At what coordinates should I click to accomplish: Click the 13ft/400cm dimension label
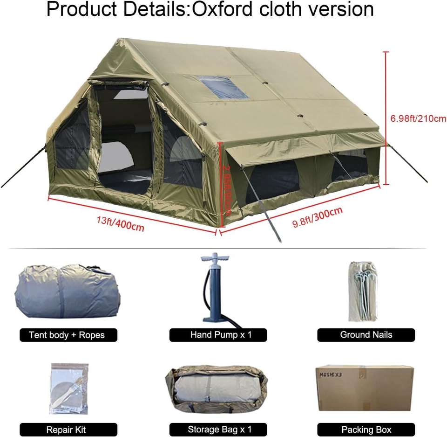click(x=121, y=224)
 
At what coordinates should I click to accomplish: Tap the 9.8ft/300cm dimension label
click(x=317, y=217)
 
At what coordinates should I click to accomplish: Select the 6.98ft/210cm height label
click(x=418, y=118)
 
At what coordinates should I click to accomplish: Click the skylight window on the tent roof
click(x=224, y=87)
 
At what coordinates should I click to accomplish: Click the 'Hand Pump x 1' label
click(x=218, y=335)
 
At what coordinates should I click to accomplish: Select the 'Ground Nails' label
click(x=366, y=335)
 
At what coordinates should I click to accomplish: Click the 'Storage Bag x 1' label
click(x=218, y=430)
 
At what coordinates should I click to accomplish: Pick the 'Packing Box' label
click(x=366, y=430)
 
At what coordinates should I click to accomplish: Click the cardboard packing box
click(x=364, y=388)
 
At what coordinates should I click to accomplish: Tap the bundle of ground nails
click(x=363, y=291)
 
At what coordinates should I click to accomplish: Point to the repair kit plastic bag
click(x=69, y=388)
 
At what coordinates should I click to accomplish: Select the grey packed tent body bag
click(x=67, y=291)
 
